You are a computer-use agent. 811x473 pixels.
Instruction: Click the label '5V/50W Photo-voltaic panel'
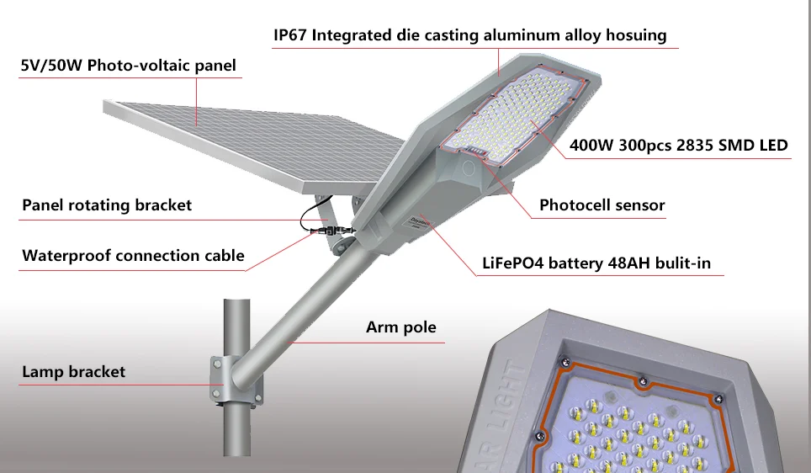tap(128, 66)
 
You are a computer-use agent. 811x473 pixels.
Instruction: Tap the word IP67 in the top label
tap(289, 35)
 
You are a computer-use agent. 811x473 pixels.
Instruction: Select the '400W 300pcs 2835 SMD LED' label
tap(679, 146)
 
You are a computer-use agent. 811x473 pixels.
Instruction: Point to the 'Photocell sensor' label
tap(602, 205)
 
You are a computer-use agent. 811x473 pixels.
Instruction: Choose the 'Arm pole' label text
tap(400, 327)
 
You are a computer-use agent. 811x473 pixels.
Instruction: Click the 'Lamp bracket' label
tap(73, 372)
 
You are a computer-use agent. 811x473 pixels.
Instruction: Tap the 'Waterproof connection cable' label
tap(133, 256)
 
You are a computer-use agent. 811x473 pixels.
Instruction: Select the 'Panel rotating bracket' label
tap(107, 205)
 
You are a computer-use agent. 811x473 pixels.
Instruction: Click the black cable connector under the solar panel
tap(331, 231)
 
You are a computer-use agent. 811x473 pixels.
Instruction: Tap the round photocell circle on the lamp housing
tap(468, 168)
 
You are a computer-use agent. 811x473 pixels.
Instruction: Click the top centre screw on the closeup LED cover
tap(643, 382)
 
